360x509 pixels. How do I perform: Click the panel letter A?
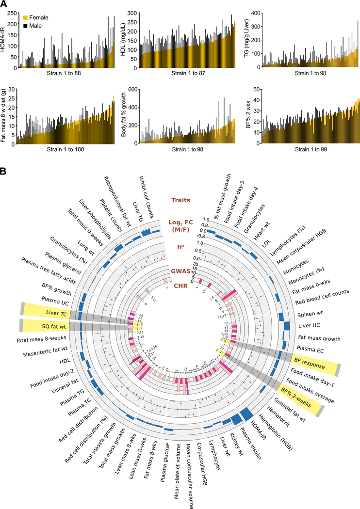click(4, 4)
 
